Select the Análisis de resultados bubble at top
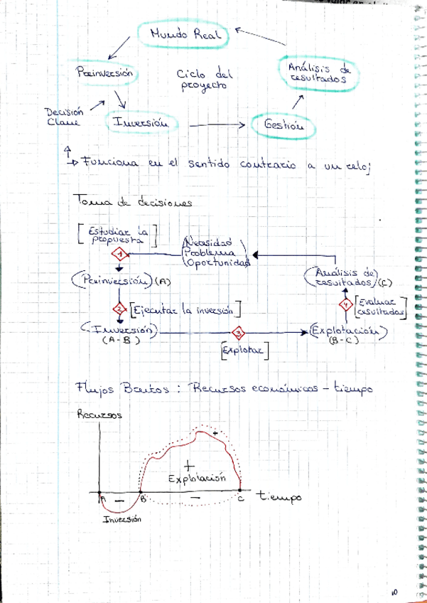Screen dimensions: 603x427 point(316,72)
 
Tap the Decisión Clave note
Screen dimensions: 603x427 point(63,115)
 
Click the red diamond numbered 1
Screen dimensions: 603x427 point(120,255)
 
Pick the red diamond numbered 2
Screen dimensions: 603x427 point(120,308)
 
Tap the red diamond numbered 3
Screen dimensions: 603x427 point(239,332)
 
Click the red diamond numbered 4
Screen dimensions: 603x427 point(346,305)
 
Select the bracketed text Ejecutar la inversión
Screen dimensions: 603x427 point(186,309)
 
